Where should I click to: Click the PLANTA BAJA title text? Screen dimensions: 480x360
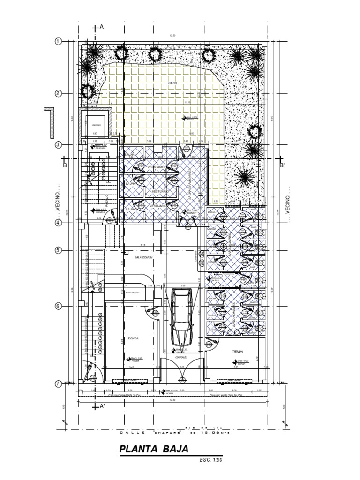click(154, 449)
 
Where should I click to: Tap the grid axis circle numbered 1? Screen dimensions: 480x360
click(59, 41)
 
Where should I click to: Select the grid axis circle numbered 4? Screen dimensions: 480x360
click(59, 223)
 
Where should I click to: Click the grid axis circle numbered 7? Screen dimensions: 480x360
click(59, 383)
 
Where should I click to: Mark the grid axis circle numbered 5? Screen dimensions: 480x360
click(59, 250)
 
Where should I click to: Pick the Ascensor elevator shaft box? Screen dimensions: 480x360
click(97, 124)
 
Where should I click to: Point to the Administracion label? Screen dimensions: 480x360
click(132, 292)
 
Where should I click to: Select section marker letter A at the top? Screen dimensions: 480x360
click(101, 27)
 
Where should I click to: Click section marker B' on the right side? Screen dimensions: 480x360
click(282, 165)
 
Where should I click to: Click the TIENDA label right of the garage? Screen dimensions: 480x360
click(238, 351)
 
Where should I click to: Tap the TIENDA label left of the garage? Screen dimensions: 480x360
click(133, 337)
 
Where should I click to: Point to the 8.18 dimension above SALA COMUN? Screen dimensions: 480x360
click(143, 245)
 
